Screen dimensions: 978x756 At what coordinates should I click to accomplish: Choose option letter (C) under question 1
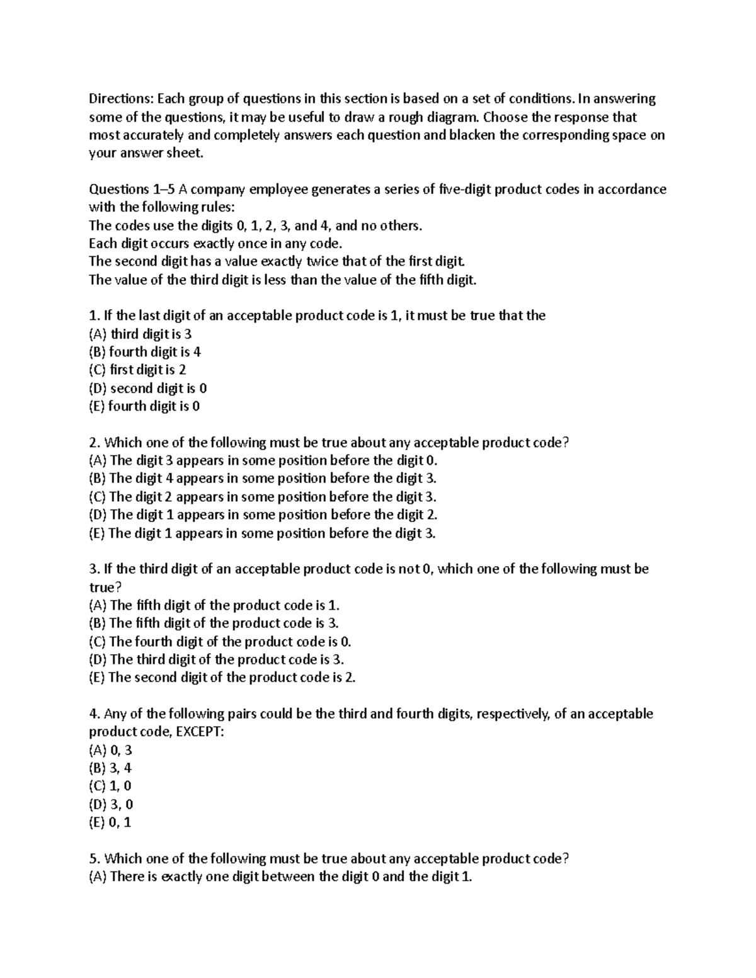tap(98, 370)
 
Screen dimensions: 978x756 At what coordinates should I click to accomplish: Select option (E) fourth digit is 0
tap(144, 406)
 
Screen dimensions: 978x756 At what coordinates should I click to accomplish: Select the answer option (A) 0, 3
tap(110, 750)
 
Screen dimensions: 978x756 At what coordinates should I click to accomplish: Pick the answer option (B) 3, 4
tap(110, 768)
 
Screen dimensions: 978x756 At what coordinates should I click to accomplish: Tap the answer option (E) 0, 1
tap(110, 822)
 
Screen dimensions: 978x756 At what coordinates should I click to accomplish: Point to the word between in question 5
tap(288, 877)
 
